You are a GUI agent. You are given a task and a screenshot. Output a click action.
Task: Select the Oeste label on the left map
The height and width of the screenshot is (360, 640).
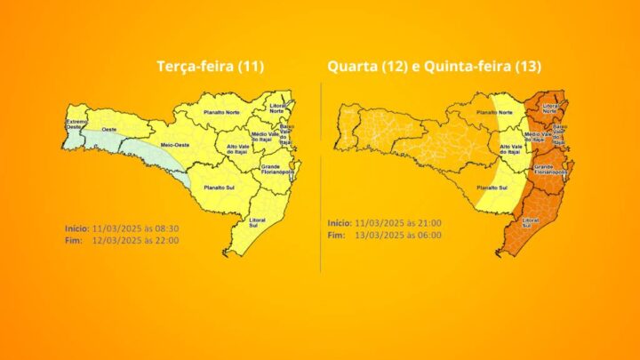tap(110, 131)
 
